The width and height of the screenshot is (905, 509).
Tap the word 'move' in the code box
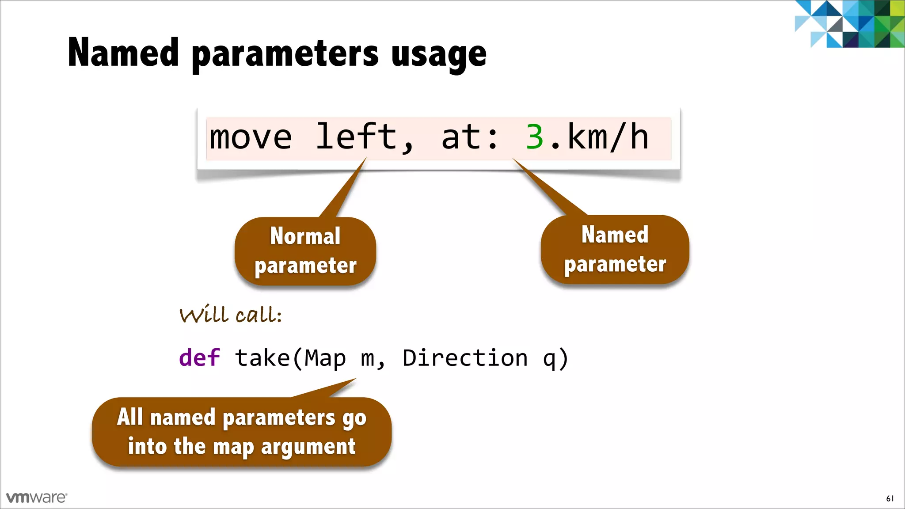click(x=251, y=137)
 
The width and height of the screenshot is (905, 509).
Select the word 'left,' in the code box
click(x=365, y=137)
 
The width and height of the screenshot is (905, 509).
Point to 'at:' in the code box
click(x=470, y=137)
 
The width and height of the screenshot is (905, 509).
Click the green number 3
click(x=535, y=137)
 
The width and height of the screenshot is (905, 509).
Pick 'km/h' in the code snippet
click(x=608, y=137)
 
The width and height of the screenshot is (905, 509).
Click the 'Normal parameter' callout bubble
click(x=305, y=251)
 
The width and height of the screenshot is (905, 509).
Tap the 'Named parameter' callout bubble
click(x=615, y=250)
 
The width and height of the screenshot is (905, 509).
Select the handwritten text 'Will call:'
click(x=231, y=315)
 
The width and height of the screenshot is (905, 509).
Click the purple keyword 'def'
click(x=199, y=357)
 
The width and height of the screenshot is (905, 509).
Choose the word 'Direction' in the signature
click(x=465, y=357)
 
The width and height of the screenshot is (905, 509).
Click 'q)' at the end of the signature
click(x=555, y=358)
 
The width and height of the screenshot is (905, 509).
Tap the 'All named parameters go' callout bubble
click(x=242, y=432)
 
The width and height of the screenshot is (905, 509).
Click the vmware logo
click(x=37, y=498)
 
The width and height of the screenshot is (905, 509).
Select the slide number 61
click(x=890, y=498)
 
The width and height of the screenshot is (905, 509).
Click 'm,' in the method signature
click(x=373, y=358)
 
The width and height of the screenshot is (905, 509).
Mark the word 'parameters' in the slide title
click(x=285, y=55)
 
